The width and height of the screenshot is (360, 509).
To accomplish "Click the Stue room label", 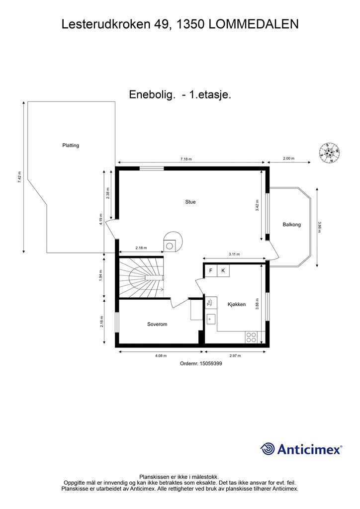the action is click(190, 202).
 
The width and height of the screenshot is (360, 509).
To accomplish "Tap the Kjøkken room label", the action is click(237, 305).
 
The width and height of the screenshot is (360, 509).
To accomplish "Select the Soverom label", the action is click(157, 324).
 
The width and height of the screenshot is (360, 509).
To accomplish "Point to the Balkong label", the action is click(291, 224).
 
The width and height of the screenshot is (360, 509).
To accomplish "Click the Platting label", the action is click(71, 146).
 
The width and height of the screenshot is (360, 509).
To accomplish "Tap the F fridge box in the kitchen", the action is click(211, 270).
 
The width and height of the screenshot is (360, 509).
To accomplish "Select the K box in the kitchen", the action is click(223, 270).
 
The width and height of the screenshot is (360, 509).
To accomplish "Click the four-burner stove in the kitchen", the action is click(251, 338).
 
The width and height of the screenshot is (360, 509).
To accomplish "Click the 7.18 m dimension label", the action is click(186, 159).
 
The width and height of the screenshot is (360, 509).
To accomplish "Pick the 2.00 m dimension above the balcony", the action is click(288, 159).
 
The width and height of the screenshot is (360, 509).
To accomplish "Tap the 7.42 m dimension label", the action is click(19, 177).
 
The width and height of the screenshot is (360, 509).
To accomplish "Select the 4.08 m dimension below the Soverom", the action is click(161, 356).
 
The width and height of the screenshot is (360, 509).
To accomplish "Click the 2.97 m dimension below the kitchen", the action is click(235, 356).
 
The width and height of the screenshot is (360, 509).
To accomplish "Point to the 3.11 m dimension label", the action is click(234, 254).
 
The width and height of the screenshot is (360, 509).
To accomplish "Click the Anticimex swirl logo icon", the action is click(268, 449).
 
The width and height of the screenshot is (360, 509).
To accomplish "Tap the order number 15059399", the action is click(210, 363).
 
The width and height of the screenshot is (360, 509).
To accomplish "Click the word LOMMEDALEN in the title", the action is click(253, 24).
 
